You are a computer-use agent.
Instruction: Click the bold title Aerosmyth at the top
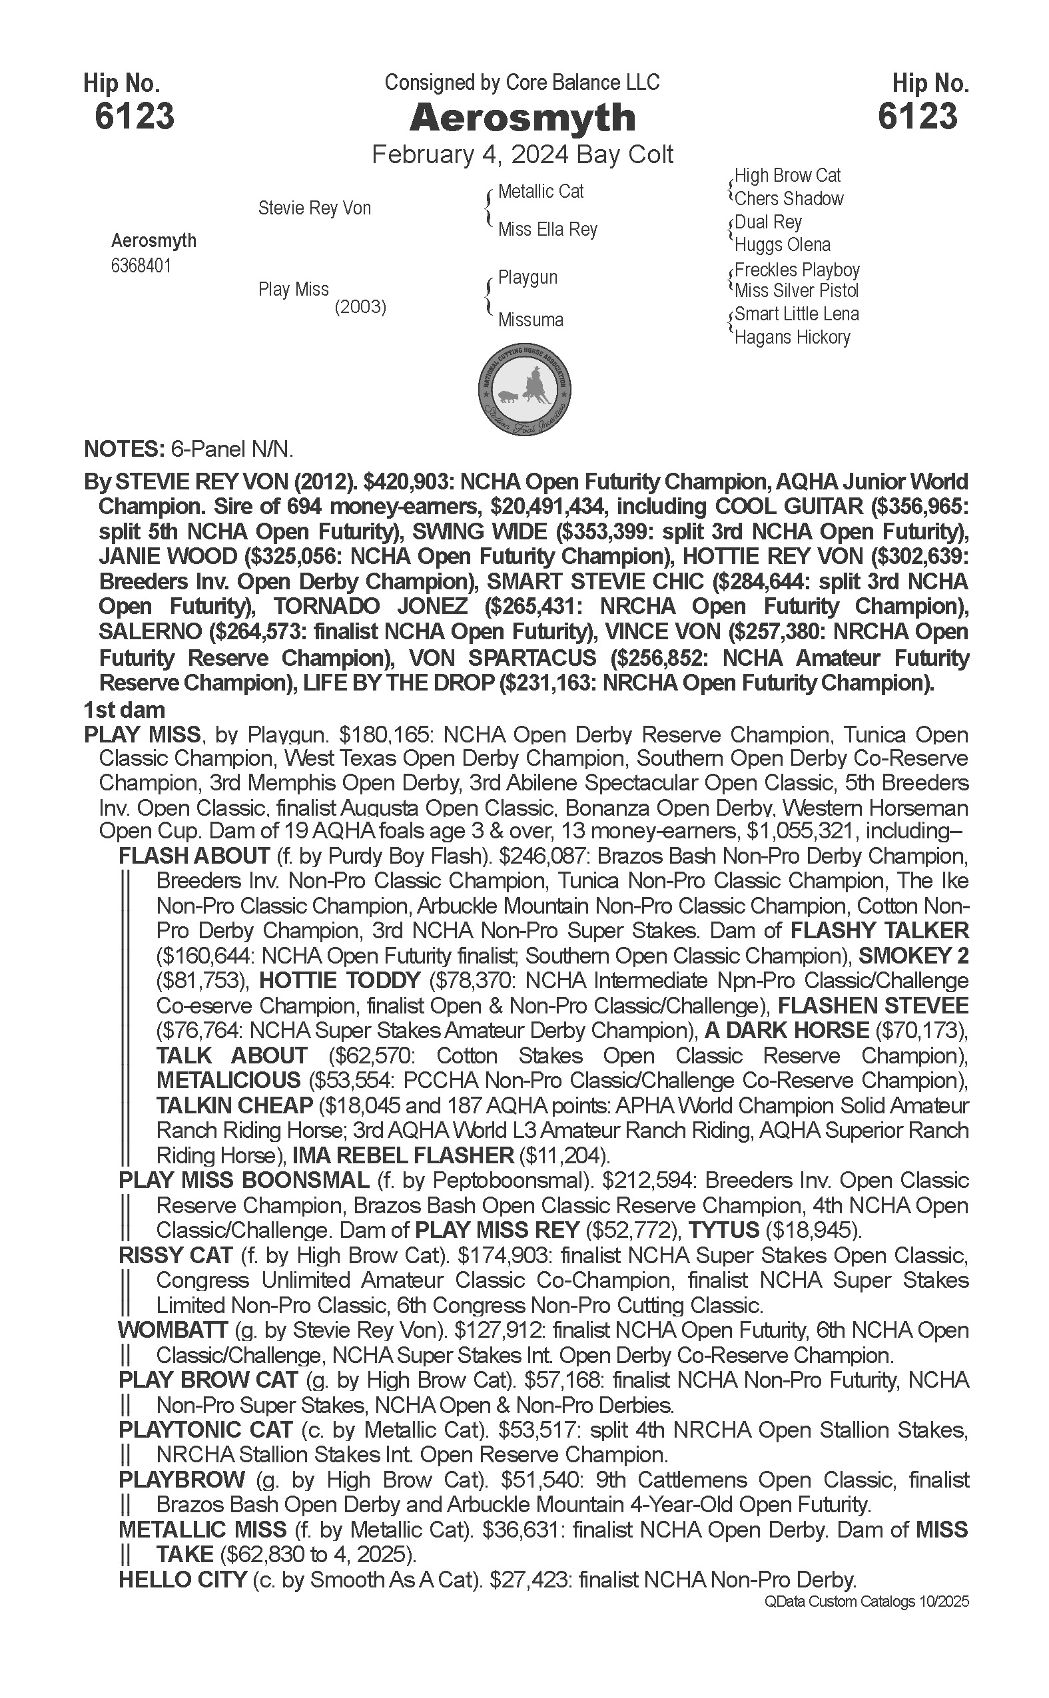[x=522, y=117]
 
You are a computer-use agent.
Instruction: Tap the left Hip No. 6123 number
[x=135, y=116]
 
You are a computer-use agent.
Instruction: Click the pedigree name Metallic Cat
[x=541, y=192]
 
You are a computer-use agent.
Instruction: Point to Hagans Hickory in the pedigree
[x=793, y=338]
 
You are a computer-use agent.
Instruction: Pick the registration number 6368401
[x=141, y=266]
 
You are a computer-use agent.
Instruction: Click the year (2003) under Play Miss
[x=360, y=306]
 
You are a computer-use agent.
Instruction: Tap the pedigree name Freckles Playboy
[x=797, y=270]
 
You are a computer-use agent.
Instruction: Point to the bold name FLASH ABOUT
[x=194, y=856]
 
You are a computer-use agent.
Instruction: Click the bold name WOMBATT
[x=173, y=1330]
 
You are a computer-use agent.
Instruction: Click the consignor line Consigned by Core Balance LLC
[x=522, y=83]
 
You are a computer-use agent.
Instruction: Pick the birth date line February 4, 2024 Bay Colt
[x=522, y=154]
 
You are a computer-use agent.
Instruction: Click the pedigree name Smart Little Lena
[x=797, y=314]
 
